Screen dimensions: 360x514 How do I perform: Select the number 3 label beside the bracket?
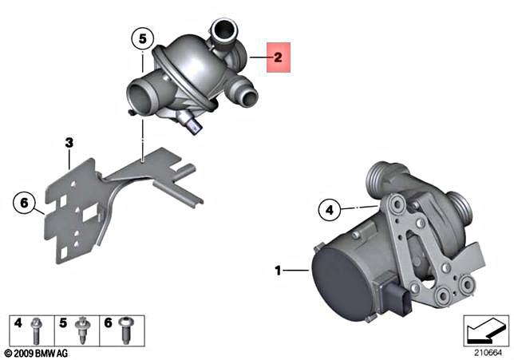point(69,144)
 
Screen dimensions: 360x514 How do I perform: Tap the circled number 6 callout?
point(24,205)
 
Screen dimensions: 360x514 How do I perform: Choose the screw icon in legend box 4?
point(37,327)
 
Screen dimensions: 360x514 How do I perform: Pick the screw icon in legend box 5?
point(80,328)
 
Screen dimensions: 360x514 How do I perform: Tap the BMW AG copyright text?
point(38,352)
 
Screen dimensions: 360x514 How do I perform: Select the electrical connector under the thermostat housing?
point(192,125)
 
